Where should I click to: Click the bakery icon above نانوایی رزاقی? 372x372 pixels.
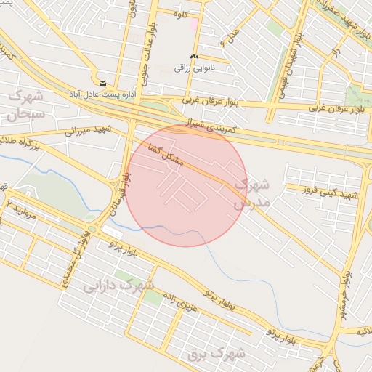pyautogui.click(x=194, y=57)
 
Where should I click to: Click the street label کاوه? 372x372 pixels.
pyautogui.click(x=182, y=14)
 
